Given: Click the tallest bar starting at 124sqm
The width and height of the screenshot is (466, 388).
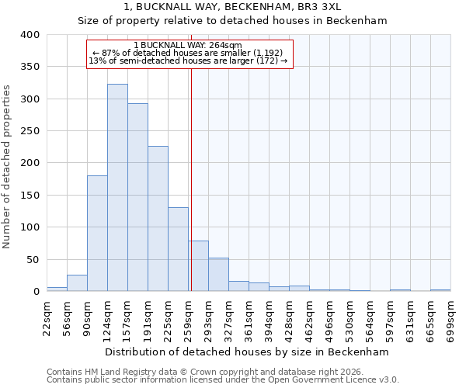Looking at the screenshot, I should click(x=117, y=188).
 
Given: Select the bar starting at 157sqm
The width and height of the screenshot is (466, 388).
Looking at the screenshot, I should click(x=137, y=198).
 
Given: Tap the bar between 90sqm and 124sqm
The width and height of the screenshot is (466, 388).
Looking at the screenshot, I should click(x=97, y=234).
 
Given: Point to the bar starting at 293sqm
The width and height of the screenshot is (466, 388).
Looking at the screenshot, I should click(x=218, y=275).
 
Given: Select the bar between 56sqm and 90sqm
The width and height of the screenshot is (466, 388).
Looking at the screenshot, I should click(x=77, y=283).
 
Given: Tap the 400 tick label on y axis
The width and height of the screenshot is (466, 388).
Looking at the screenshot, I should click(x=30, y=35).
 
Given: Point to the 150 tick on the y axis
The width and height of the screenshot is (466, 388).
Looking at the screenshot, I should click(x=30, y=196).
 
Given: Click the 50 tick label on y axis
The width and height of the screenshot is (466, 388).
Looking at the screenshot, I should click(x=33, y=260).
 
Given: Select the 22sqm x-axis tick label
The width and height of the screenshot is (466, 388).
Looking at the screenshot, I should click(x=47, y=317).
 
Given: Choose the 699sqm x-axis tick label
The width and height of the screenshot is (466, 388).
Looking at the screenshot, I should click(x=450, y=317).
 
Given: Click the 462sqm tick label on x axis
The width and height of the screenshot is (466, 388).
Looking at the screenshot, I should click(x=309, y=317).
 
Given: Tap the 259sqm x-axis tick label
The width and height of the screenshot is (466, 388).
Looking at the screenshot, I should click(x=188, y=317).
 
